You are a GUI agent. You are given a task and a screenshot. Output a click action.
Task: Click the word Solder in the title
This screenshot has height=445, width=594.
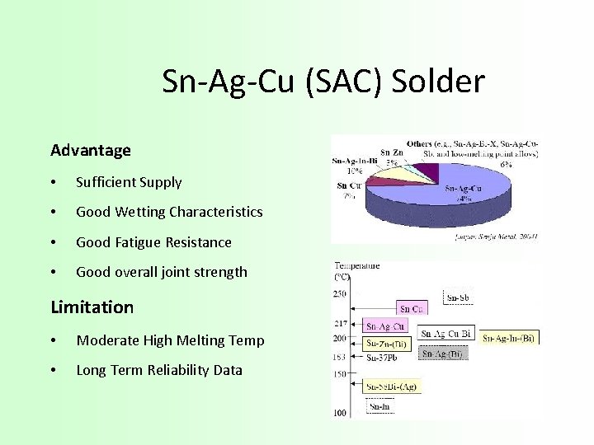coord(438,82)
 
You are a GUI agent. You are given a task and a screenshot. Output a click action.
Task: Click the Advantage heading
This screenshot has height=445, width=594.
coord(91,151)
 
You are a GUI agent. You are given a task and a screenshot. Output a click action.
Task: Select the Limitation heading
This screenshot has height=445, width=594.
coord(92,307)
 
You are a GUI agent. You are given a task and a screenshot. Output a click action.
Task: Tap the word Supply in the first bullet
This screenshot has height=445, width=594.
coord(161,183)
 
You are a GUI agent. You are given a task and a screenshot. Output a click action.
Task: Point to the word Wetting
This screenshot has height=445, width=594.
coord(137,213)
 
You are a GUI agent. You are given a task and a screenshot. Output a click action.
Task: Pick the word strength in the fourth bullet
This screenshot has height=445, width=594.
coord(220,272)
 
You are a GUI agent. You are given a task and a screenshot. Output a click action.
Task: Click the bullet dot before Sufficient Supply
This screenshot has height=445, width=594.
coord(53,183)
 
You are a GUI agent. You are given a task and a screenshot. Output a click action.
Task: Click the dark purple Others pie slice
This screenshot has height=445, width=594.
coord(427,174)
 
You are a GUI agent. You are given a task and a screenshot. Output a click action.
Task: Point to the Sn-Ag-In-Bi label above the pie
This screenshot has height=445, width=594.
coord(354,161)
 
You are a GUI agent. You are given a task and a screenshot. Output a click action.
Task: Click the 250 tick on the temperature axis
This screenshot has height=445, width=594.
coord(340,293)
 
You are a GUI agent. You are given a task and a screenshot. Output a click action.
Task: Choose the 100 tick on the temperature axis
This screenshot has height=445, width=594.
coord(340,413)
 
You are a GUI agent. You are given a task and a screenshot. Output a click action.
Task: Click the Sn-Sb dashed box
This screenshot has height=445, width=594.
coord(459,297)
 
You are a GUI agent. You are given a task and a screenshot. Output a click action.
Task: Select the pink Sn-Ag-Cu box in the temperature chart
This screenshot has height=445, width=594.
coord(384,327)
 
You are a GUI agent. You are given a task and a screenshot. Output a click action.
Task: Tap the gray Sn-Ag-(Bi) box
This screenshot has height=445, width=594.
coord(442,354)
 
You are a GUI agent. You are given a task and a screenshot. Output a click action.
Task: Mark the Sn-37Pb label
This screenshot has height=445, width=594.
coord(382,358)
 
